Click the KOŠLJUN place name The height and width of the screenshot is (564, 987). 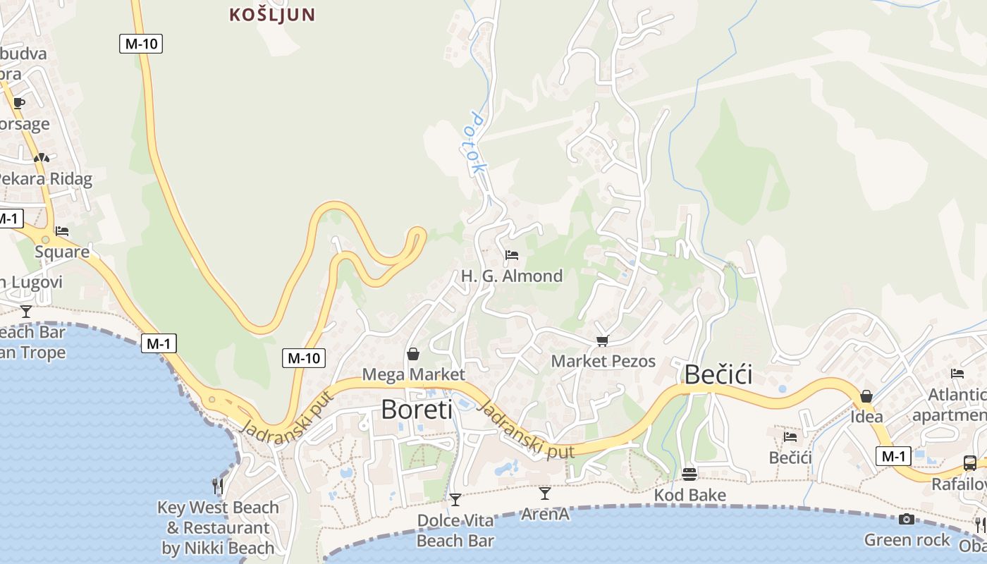272,14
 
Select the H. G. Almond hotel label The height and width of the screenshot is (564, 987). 512,276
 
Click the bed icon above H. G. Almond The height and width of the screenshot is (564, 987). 512,255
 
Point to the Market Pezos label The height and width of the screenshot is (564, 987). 603,361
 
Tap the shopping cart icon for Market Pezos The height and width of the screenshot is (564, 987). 603,341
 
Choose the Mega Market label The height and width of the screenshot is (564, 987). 413,374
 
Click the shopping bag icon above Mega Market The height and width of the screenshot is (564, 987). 413,353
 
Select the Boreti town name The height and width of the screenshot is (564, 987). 417,409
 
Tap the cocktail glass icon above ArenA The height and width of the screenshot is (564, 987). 544,493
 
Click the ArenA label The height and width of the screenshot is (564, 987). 545,514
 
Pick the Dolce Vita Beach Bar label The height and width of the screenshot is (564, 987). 455,531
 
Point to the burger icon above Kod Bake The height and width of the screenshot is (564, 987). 689,474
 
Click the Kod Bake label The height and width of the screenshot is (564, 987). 689,495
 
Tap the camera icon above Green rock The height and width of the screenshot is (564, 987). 907,520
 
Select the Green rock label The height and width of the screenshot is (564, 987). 907,540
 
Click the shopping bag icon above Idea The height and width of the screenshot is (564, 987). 866,396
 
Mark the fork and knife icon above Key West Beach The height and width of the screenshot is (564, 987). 219,486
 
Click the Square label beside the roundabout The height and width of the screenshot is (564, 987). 62,252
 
